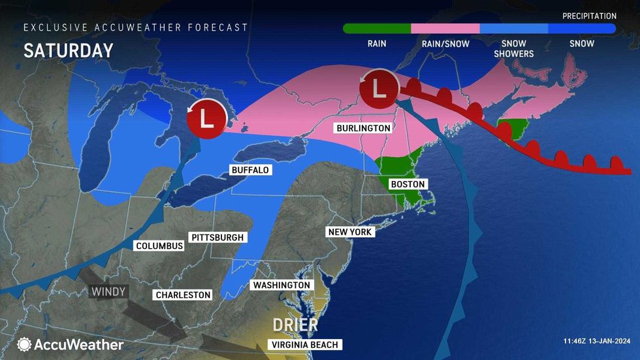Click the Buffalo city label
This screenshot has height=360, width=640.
tap(250, 170)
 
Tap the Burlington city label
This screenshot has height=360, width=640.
tap(364, 128)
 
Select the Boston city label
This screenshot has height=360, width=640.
tap(408, 184)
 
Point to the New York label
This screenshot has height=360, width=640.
tap(349, 232)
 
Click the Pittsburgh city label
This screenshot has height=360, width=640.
tap(217, 237)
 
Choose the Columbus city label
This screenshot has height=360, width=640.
tap(159, 246)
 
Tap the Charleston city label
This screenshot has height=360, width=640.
tap(183, 295)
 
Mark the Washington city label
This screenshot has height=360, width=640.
tap(281, 286)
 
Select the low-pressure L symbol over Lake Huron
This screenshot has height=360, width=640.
tap(206, 119)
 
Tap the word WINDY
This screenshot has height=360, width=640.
tap(109, 291)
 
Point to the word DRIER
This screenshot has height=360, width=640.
tap(296, 325)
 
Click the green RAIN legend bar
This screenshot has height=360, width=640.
tap(377, 29)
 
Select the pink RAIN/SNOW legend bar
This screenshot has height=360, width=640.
tap(445, 29)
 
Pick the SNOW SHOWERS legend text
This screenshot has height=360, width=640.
tap(513, 48)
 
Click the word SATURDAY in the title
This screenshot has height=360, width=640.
tap(69, 51)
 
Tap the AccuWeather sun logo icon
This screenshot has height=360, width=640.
tap(25, 344)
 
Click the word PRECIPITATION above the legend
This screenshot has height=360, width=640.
tap(589, 16)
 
